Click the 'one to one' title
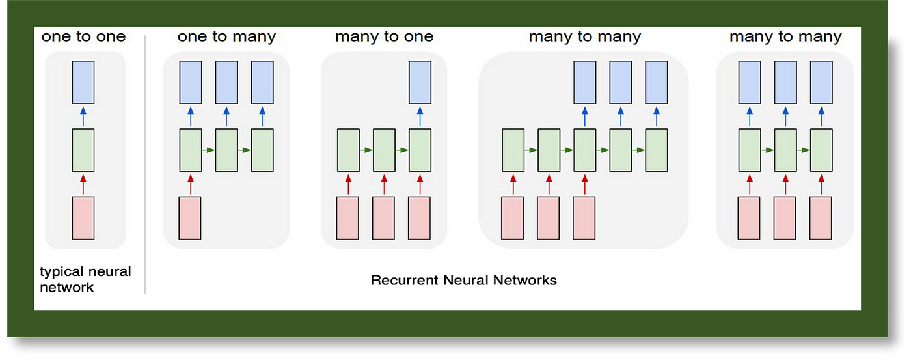(x=83, y=36)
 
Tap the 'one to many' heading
(x=226, y=36)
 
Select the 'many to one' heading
(x=385, y=36)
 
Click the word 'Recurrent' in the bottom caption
(x=404, y=281)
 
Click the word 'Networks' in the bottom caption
(x=524, y=281)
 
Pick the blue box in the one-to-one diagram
(x=83, y=82)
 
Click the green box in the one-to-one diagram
(x=83, y=150)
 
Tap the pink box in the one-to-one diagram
(x=83, y=218)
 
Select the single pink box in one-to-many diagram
(x=190, y=218)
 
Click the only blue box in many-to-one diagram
(x=420, y=82)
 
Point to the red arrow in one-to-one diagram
(x=83, y=184)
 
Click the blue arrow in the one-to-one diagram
(x=83, y=117)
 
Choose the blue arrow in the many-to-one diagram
(x=420, y=117)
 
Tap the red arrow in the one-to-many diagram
(x=190, y=184)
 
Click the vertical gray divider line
(x=144, y=164)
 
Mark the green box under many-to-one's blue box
(x=420, y=150)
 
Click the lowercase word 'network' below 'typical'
(x=66, y=288)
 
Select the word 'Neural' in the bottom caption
(x=466, y=281)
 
